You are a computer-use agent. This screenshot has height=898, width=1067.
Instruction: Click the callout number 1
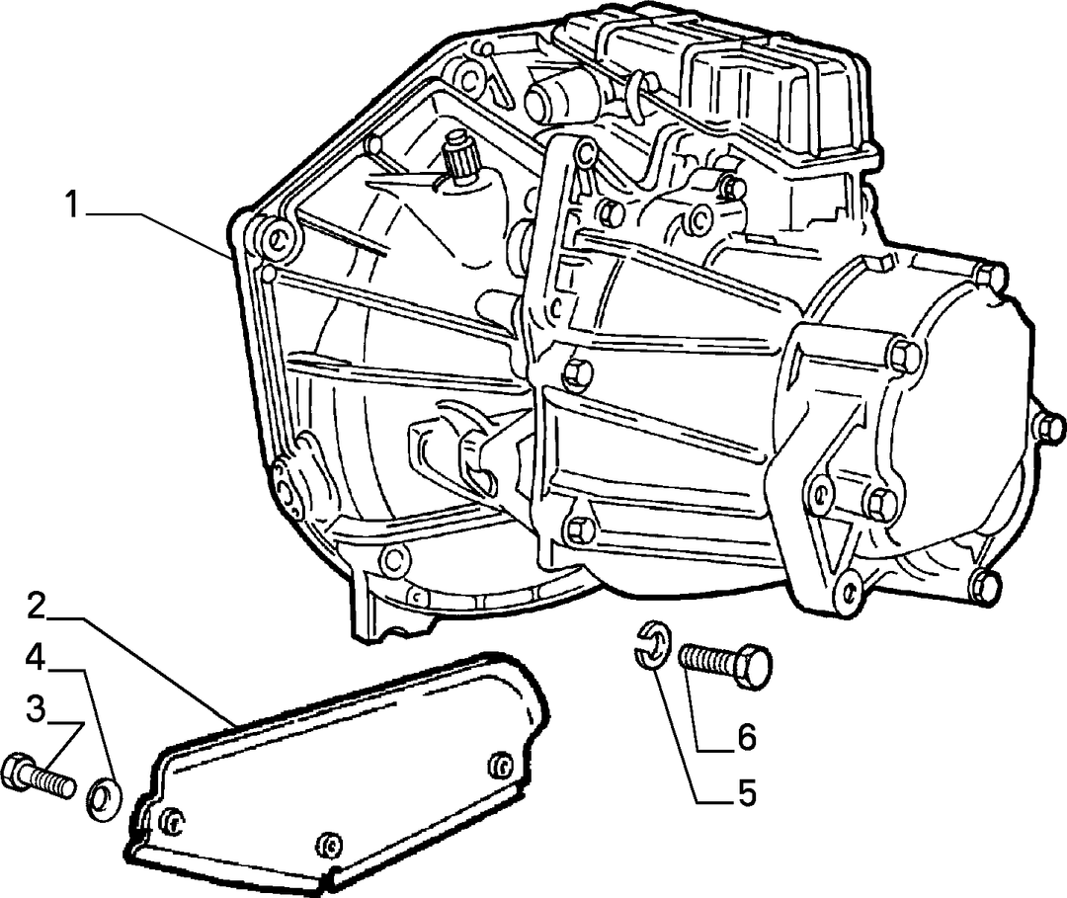[73, 204]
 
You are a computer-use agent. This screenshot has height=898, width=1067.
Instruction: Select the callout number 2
[38, 607]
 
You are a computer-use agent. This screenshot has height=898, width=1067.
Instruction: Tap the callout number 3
[37, 708]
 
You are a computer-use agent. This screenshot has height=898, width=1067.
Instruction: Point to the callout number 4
[37, 658]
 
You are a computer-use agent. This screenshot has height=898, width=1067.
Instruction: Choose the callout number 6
[747, 737]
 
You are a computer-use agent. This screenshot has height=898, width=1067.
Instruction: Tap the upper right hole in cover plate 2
[500, 765]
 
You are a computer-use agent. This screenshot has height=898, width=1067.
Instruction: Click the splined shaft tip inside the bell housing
[455, 163]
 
